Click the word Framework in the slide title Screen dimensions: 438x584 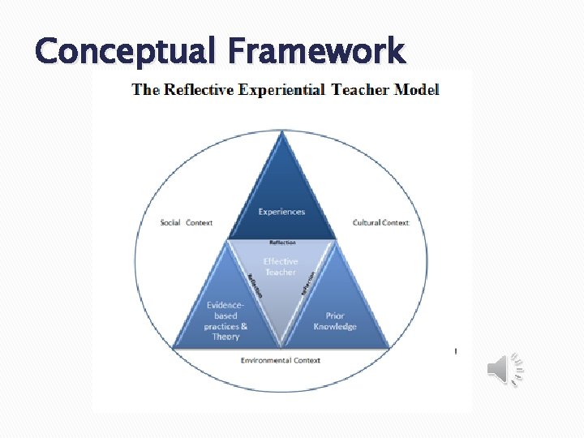pyautogui.click(x=316, y=53)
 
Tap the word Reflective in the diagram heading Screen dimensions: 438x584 pyautogui.click(x=200, y=90)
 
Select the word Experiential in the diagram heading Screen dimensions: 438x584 pyautogui.click(x=281, y=90)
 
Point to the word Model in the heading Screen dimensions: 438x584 pyautogui.click(x=417, y=90)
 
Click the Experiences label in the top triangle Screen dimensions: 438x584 pyautogui.click(x=281, y=212)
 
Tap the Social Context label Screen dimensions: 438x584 pyautogui.click(x=187, y=222)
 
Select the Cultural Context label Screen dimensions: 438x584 pyautogui.click(x=380, y=222)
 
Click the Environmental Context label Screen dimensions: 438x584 pyautogui.click(x=281, y=360)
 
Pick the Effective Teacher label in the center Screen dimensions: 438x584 pyautogui.click(x=281, y=267)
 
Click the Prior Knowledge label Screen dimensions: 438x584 pyautogui.click(x=335, y=321)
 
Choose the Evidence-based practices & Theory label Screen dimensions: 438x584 pyautogui.click(x=226, y=321)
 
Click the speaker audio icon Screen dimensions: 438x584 pyautogui.click(x=505, y=370)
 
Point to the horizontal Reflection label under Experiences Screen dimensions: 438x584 pyautogui.click(x=282, y=242)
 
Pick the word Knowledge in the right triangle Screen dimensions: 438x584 pyautogui.click(x=335, y=327)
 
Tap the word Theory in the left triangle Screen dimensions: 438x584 pyautogui.click(x=225, y=337)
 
